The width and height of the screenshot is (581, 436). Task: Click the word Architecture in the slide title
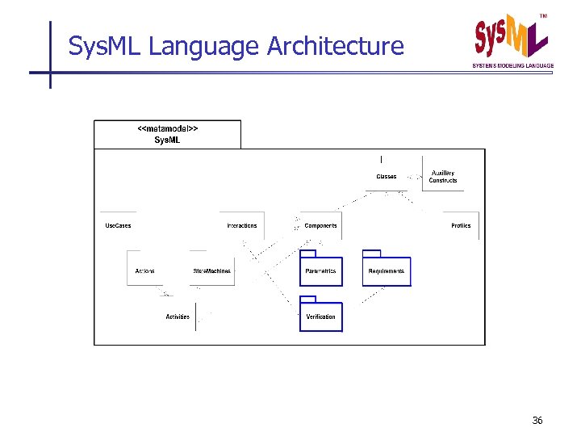(335, 46)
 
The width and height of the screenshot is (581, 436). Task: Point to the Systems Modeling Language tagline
(513, 65)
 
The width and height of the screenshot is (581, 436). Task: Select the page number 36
(538, 421)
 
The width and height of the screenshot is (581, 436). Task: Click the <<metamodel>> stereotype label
(168, 128)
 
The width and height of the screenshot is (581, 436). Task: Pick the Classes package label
(387, 176)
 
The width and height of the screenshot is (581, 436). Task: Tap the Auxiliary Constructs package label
(443, 176)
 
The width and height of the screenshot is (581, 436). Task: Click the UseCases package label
(118, 225)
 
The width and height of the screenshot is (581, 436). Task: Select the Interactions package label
(242, 225)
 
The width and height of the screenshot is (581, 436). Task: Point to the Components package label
(321, 225)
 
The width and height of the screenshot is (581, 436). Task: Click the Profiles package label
(461, 225)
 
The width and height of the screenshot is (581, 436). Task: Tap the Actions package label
(145, 270)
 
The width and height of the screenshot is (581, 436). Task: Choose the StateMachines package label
(212, 270)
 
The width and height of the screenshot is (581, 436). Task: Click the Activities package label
(178, 317)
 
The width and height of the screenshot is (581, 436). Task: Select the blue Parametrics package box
(321, 270)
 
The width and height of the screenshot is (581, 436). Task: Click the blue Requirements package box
(387, 270)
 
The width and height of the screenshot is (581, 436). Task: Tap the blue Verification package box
(321, 316)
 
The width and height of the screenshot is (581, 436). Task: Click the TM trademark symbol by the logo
(543, 16)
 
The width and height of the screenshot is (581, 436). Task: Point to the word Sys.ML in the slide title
(105, 46)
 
